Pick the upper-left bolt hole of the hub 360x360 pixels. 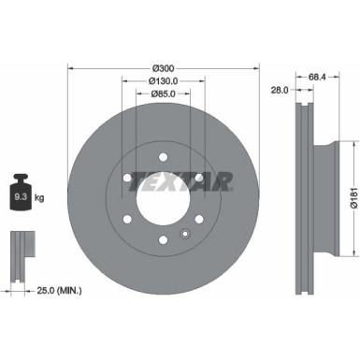point(122,178)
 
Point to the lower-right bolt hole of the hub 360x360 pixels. point(197,221)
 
